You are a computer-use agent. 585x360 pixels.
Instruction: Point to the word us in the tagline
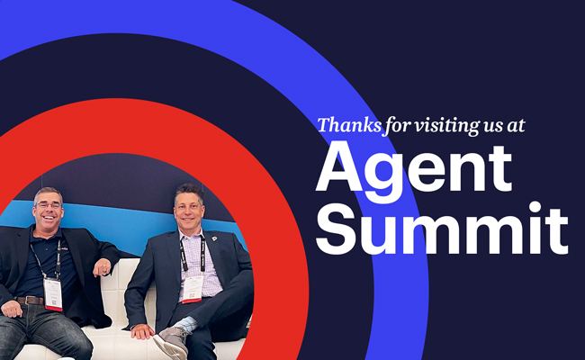[x=487, y=125]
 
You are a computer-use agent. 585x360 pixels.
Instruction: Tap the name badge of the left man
[x=53, y=293]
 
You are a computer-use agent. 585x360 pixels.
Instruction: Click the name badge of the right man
[x=192, y=287]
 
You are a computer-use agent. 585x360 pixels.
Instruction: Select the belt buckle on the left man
[x=36, y=300]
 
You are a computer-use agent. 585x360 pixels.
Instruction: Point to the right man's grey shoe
[x=171, y=344]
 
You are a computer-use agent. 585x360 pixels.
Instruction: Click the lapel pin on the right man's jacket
[x=214, y=239]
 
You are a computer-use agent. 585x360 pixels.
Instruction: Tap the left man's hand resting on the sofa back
[x=103, y=269]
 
